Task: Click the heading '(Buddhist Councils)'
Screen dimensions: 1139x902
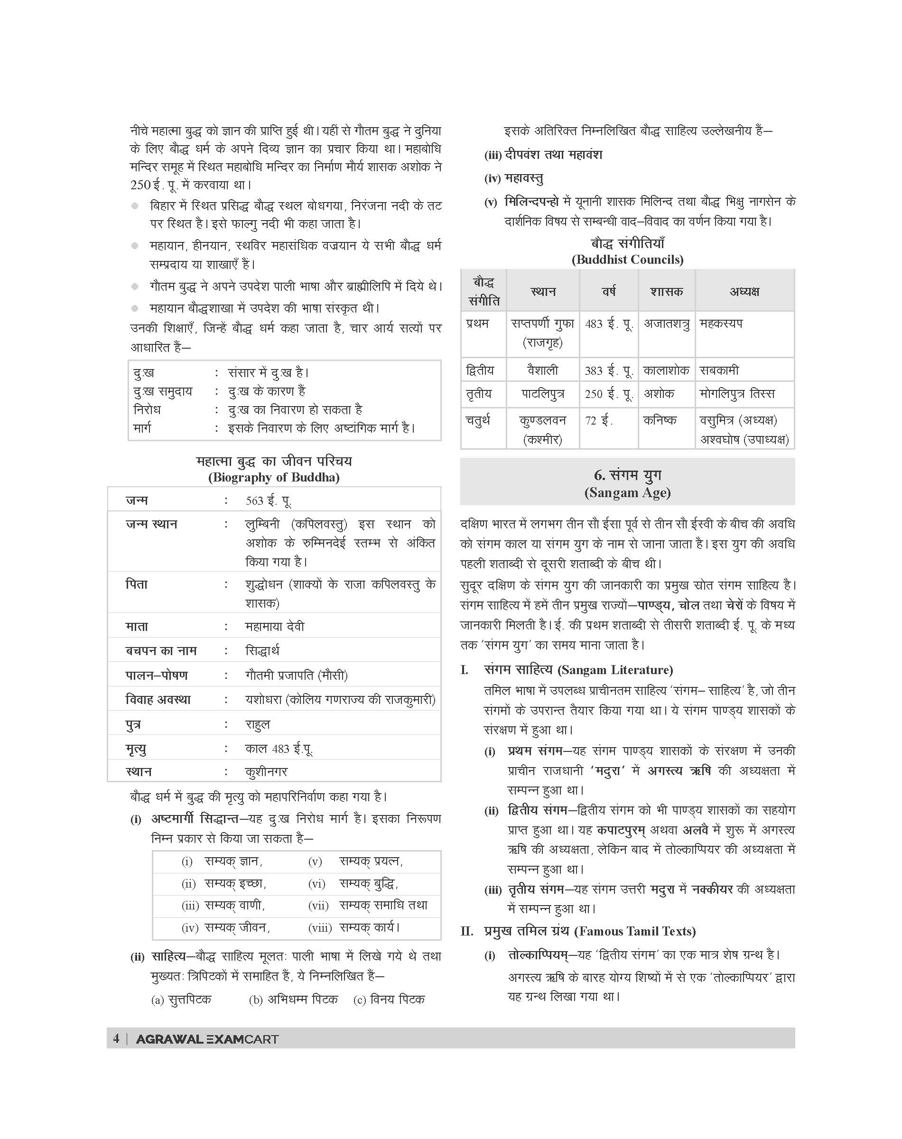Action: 627,259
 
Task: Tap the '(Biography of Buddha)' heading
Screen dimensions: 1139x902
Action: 274,477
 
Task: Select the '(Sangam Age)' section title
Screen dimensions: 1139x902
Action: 627,493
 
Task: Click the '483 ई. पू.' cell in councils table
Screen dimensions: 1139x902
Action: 608,324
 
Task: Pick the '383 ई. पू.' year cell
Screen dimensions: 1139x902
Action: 608,370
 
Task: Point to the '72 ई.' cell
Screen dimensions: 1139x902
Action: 598,421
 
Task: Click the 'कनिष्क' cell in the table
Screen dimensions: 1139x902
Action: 660,420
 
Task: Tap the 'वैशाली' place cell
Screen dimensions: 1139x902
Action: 542,370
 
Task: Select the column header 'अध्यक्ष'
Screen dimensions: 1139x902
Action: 744,291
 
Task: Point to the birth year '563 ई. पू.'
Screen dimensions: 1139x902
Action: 268,500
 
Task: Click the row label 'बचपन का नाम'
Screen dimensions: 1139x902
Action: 160,650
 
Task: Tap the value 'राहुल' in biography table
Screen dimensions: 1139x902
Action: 257,724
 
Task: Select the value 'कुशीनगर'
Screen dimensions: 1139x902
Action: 266,771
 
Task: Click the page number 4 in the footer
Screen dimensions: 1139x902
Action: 116,1039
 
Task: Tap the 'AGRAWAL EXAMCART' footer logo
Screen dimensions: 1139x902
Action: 207,1039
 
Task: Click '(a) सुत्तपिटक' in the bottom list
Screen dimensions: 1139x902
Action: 181,1000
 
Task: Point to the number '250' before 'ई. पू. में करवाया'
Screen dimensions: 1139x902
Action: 140,185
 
